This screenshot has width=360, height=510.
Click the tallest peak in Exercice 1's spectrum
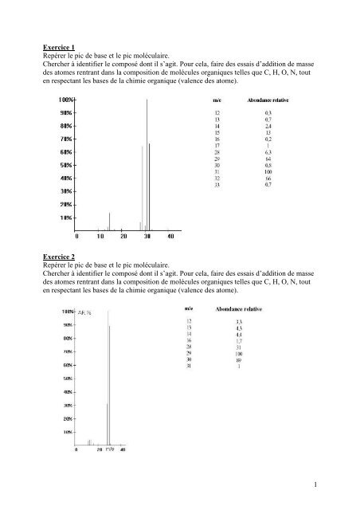click(147, 159)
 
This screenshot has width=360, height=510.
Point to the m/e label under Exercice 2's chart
click(111, 450)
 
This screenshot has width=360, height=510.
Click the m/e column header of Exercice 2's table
click(189, 307)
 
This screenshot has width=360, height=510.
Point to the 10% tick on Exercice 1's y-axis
click(67, 218)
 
